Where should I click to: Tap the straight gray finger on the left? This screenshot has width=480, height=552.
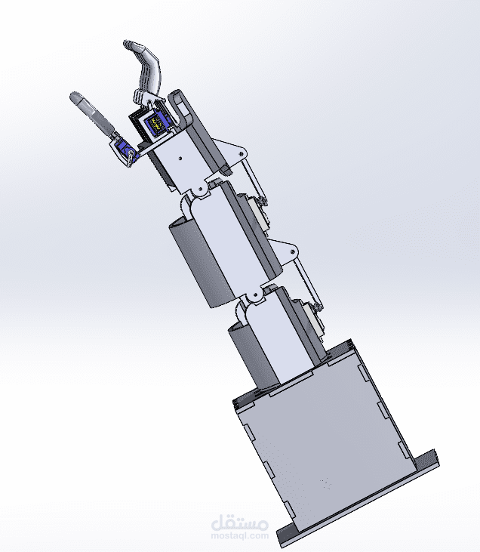pyautogui.click(x=90, y=113)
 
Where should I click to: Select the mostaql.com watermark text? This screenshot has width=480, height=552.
pyautogui.click(x=241, y=535)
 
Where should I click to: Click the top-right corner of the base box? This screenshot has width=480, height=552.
pyautogui.click(x=352, y=344)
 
